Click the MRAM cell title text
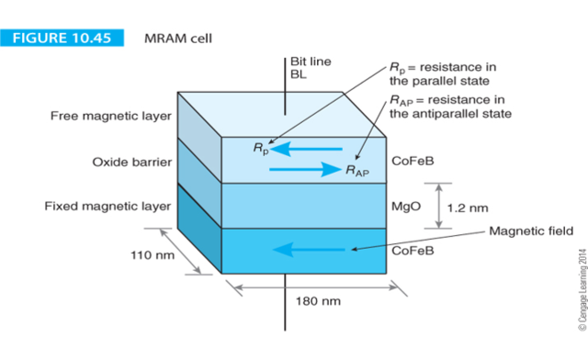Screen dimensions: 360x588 pyautogui.click(x=181, y=40)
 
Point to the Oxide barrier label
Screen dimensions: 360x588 pyautogui.click(x=130, y=162)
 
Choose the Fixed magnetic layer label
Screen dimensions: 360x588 pyautogui.click(x=107, y=206)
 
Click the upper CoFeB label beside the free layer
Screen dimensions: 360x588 pyautogui.click(x=413, y=161)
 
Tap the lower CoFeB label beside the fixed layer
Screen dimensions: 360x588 pyautogui.click(x=413, y=251)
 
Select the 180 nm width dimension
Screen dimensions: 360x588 pyautogui.click(x=318, y=300)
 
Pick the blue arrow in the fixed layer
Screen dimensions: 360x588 pyautogui.click(x=313, y=248)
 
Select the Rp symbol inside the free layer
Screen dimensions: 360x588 pyautogui.click(x=261, y=148)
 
